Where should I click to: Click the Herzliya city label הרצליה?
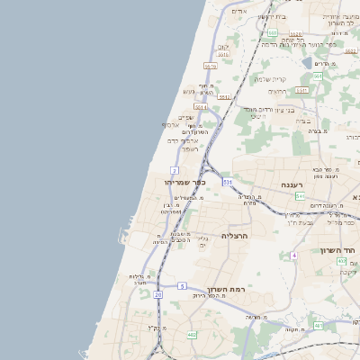[234, 236]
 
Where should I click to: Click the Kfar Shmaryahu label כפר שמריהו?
[185, 182]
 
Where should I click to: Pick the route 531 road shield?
[228, 182]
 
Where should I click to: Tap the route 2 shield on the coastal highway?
[175, 170]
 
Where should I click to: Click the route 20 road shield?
[158, 294]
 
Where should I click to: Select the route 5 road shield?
[182, 286]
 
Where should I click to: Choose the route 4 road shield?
[293, 256]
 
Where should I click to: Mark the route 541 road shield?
[300, 196]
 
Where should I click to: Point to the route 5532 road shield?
[210, 66]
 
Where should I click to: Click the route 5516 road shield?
[222, 55]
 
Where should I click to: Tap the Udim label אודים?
[238, 11]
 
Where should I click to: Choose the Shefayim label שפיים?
[186, 116]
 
